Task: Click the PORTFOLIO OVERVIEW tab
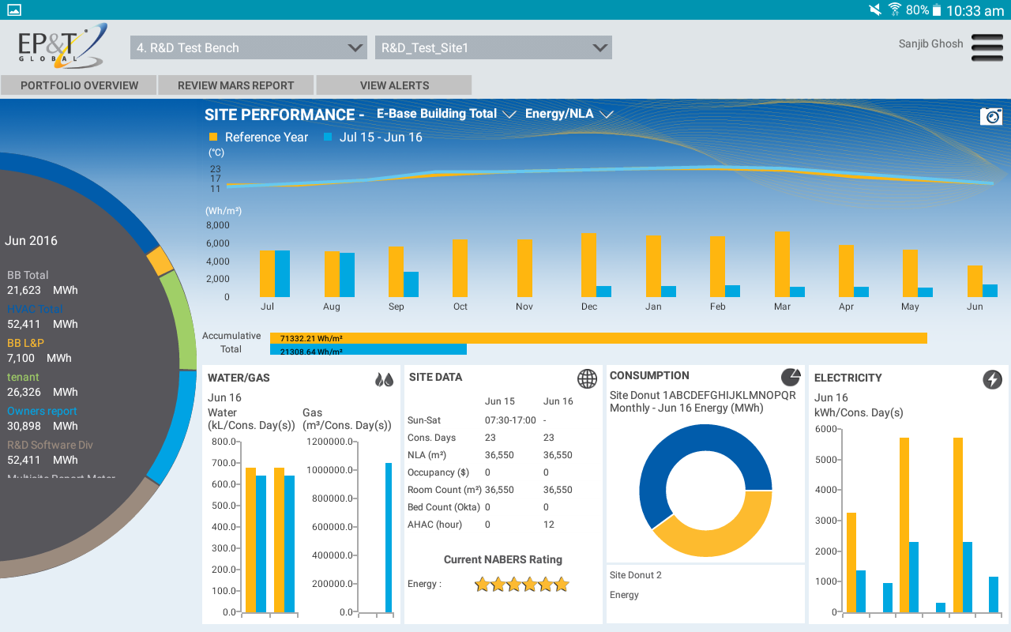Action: [79, 85]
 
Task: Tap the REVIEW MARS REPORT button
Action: [235, 85]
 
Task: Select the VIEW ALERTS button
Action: [394, 85]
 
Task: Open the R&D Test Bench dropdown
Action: [248, 47]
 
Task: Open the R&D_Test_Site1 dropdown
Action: [493, 47]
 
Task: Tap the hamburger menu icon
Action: [987, 47]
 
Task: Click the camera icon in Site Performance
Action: [990, 116]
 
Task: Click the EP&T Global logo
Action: [60, 46]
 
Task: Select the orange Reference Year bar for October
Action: [460, 269]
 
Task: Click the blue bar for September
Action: [411, 284]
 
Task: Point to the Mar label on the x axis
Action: [782, 307]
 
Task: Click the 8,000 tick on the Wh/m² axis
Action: [218, 225]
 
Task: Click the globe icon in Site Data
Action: [587, 378]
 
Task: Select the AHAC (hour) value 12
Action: [549, 525]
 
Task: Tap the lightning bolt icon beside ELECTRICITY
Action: [992, 379]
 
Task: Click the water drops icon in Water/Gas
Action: [384, 379]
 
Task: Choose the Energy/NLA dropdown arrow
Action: [607, 115]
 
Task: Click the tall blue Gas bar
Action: [389, 537]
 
